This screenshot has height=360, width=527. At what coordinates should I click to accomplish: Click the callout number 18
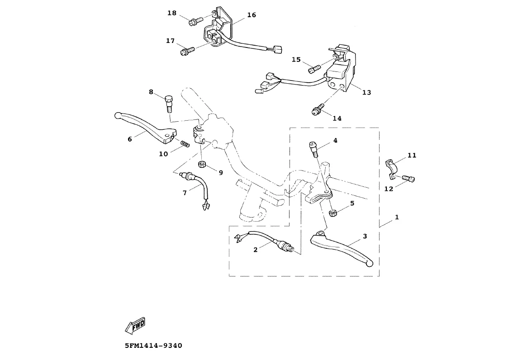click(172, 13)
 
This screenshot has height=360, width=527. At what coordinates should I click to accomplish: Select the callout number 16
click(252, 15)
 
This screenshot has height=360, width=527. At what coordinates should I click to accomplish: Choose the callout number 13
click(366, 92)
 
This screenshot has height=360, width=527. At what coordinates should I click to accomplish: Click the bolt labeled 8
click(169, 104)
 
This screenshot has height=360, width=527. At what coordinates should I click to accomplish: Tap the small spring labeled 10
click(185, 144)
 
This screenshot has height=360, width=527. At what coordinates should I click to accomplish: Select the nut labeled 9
click(203, 164)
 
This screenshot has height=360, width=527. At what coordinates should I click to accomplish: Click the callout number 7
click(185, 193)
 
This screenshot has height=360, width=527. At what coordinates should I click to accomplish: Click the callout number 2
click(255, 250)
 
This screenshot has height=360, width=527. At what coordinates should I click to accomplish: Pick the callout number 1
click(397, 218)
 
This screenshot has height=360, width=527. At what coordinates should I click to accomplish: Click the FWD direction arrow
click(136, 324)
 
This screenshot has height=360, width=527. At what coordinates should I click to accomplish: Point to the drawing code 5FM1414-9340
click(153, 346)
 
